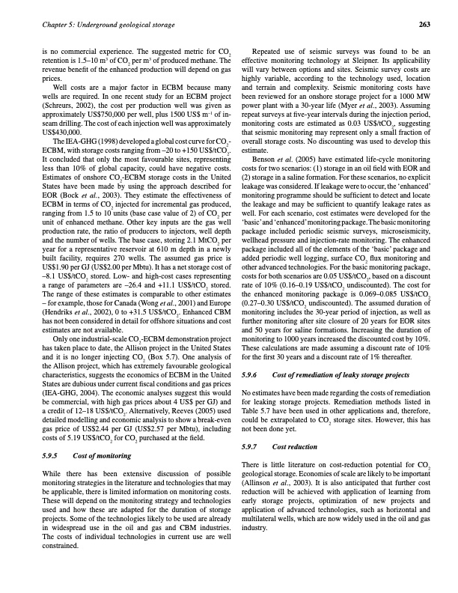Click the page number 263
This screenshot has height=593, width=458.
(x=424, y=24)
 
